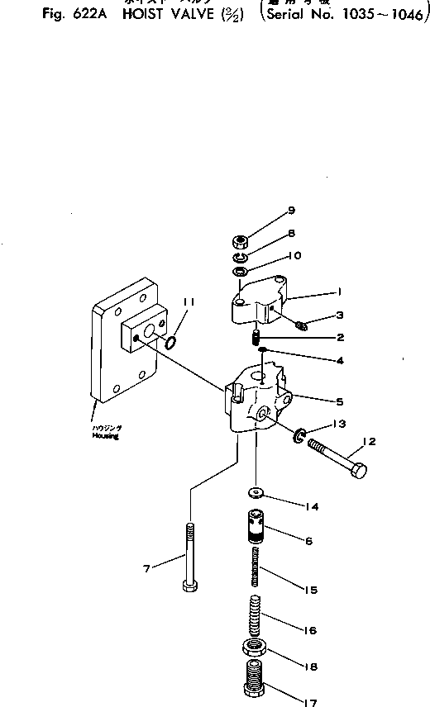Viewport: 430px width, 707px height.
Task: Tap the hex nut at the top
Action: pyautogui.click(x=241, y=242)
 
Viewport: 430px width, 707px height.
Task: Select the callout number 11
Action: pyautogui.click(x=189, y=303)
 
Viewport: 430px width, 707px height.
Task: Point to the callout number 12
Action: pyautogui.click(x=369, y=442)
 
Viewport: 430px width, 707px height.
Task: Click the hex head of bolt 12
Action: pyautogui.click(x=360, y=472)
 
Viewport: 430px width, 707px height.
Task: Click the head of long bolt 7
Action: pyautogui.click(x=189, y=588)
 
